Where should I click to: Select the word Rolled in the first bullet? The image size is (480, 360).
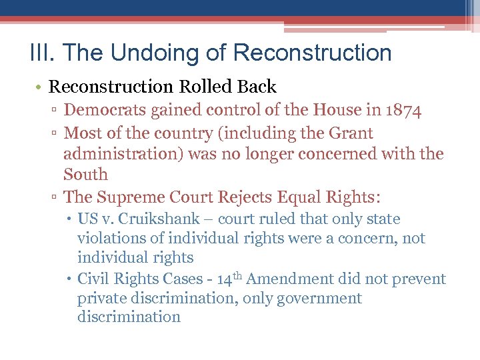204,87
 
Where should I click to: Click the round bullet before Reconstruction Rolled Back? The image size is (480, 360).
39,87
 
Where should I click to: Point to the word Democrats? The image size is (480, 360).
103,110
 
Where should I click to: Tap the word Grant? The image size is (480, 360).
351,133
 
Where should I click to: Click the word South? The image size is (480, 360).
85,175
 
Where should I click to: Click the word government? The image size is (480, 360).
319,298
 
